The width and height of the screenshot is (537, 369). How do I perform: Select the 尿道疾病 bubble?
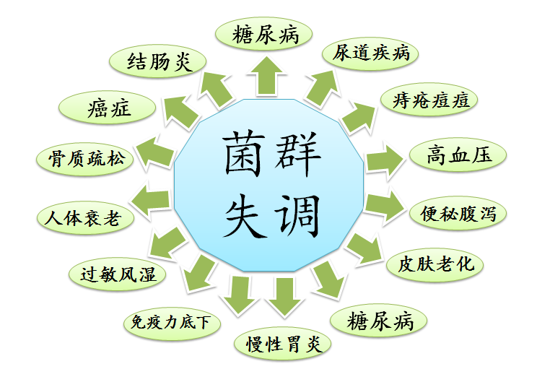tap(371, 53)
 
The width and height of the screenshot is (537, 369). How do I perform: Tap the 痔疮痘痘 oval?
tap(429, 100)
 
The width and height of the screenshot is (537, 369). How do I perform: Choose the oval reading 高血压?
tap(458, 155)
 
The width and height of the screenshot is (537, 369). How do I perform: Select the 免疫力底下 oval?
tap(171, 322)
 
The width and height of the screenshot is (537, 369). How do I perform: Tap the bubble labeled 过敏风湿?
tap(118, 274)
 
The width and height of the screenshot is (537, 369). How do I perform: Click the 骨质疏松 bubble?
tap(86, 158)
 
